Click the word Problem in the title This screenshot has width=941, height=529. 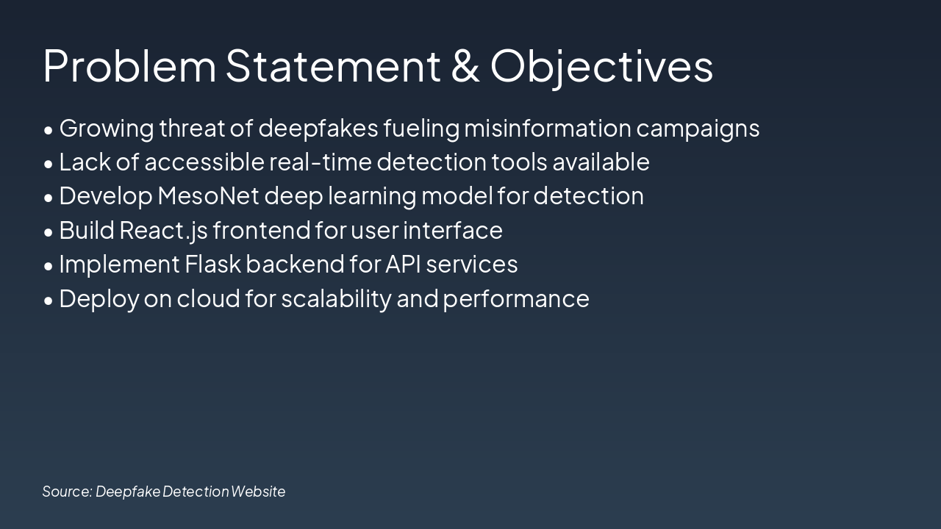129,65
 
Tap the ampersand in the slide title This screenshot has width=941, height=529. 465,65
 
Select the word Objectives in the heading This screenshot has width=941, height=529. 601,65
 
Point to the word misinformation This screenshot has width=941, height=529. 547,128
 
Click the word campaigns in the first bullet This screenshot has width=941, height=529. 698,129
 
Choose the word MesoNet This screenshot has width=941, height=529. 208,196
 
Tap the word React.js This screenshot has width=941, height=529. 163,231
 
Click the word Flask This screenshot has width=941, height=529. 212,264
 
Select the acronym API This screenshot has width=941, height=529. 403,264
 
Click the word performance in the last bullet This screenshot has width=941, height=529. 516,299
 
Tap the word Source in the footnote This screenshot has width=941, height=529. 67,492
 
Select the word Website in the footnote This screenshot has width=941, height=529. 258,492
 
